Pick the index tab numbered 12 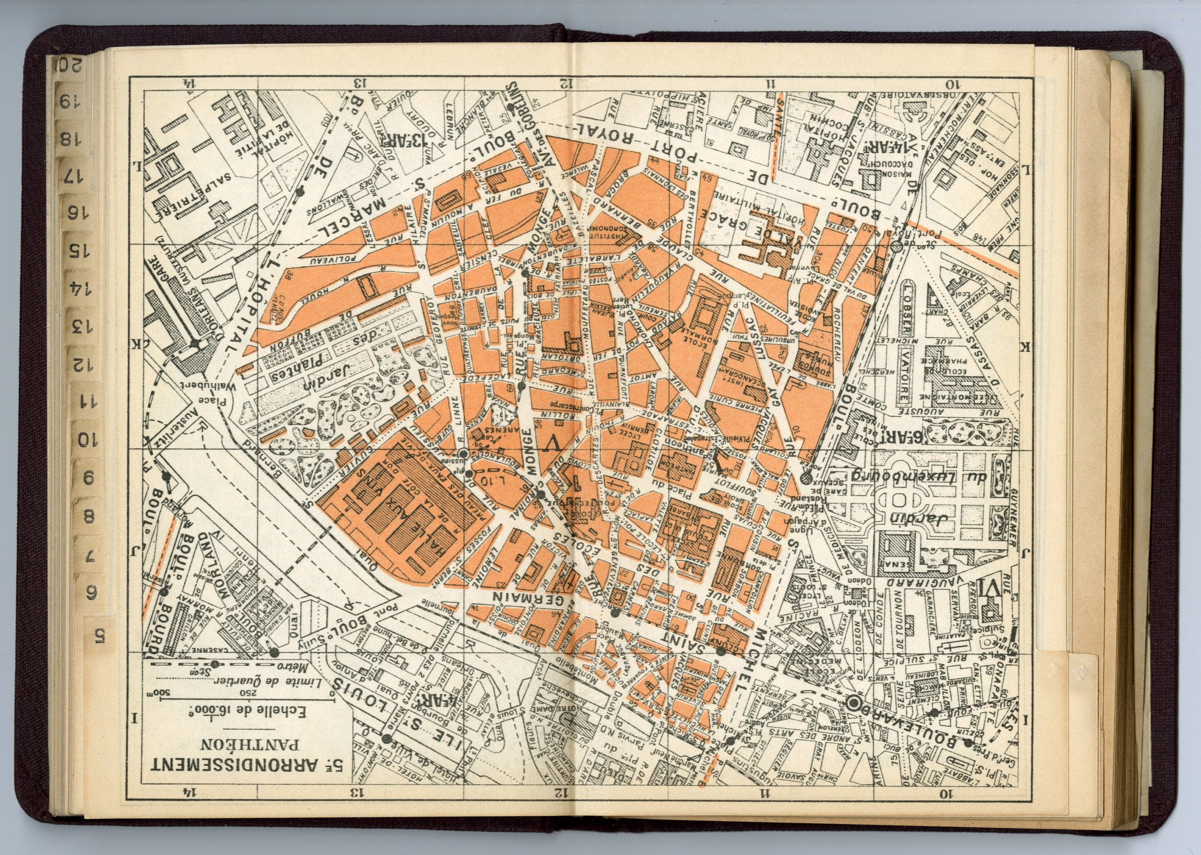point(84,364)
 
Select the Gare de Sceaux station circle point(806,478)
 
